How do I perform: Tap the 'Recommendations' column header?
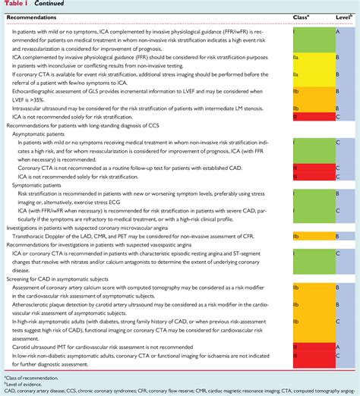pos(36,15)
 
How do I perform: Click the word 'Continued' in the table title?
pos(46,4)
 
